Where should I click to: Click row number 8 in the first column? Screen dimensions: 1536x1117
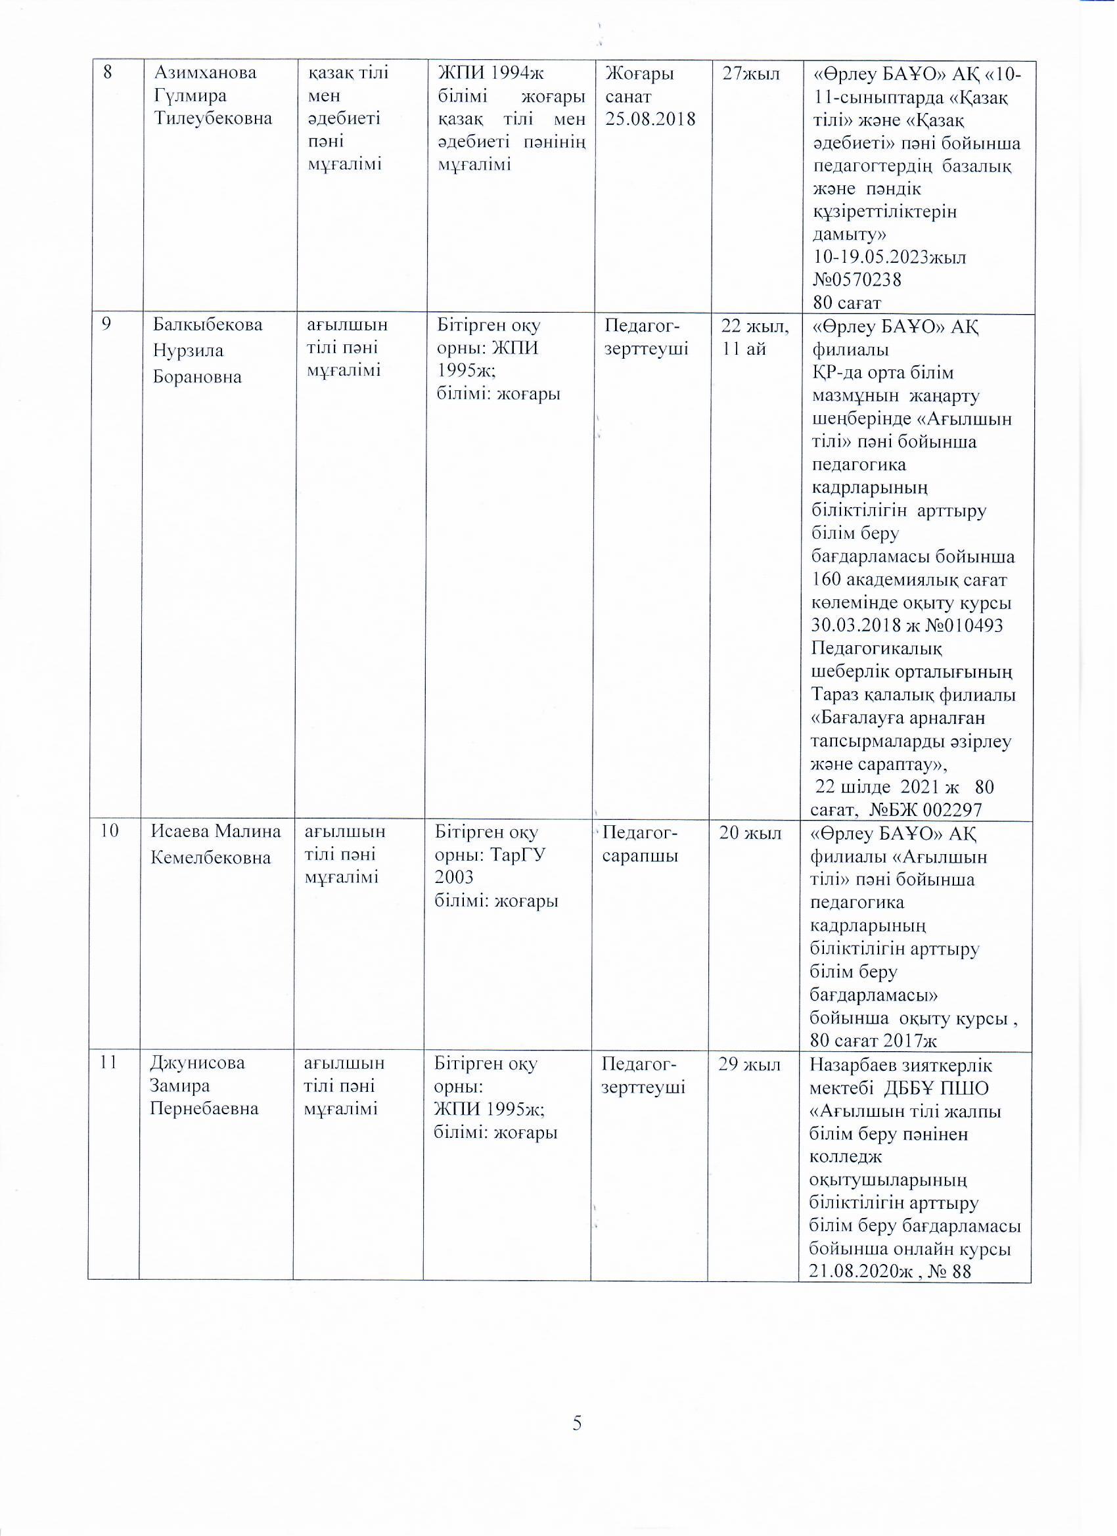pos(108,72)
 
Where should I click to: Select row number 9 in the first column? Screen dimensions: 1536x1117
pos(106,325)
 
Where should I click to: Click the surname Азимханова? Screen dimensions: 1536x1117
pos(206,72)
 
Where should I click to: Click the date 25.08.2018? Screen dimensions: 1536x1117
pos(650,119)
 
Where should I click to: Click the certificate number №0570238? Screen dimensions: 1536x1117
pos(857,280)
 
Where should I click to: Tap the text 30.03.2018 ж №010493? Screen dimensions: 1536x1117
pos(907,624)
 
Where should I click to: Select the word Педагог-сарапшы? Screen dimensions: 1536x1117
pos(640,844)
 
